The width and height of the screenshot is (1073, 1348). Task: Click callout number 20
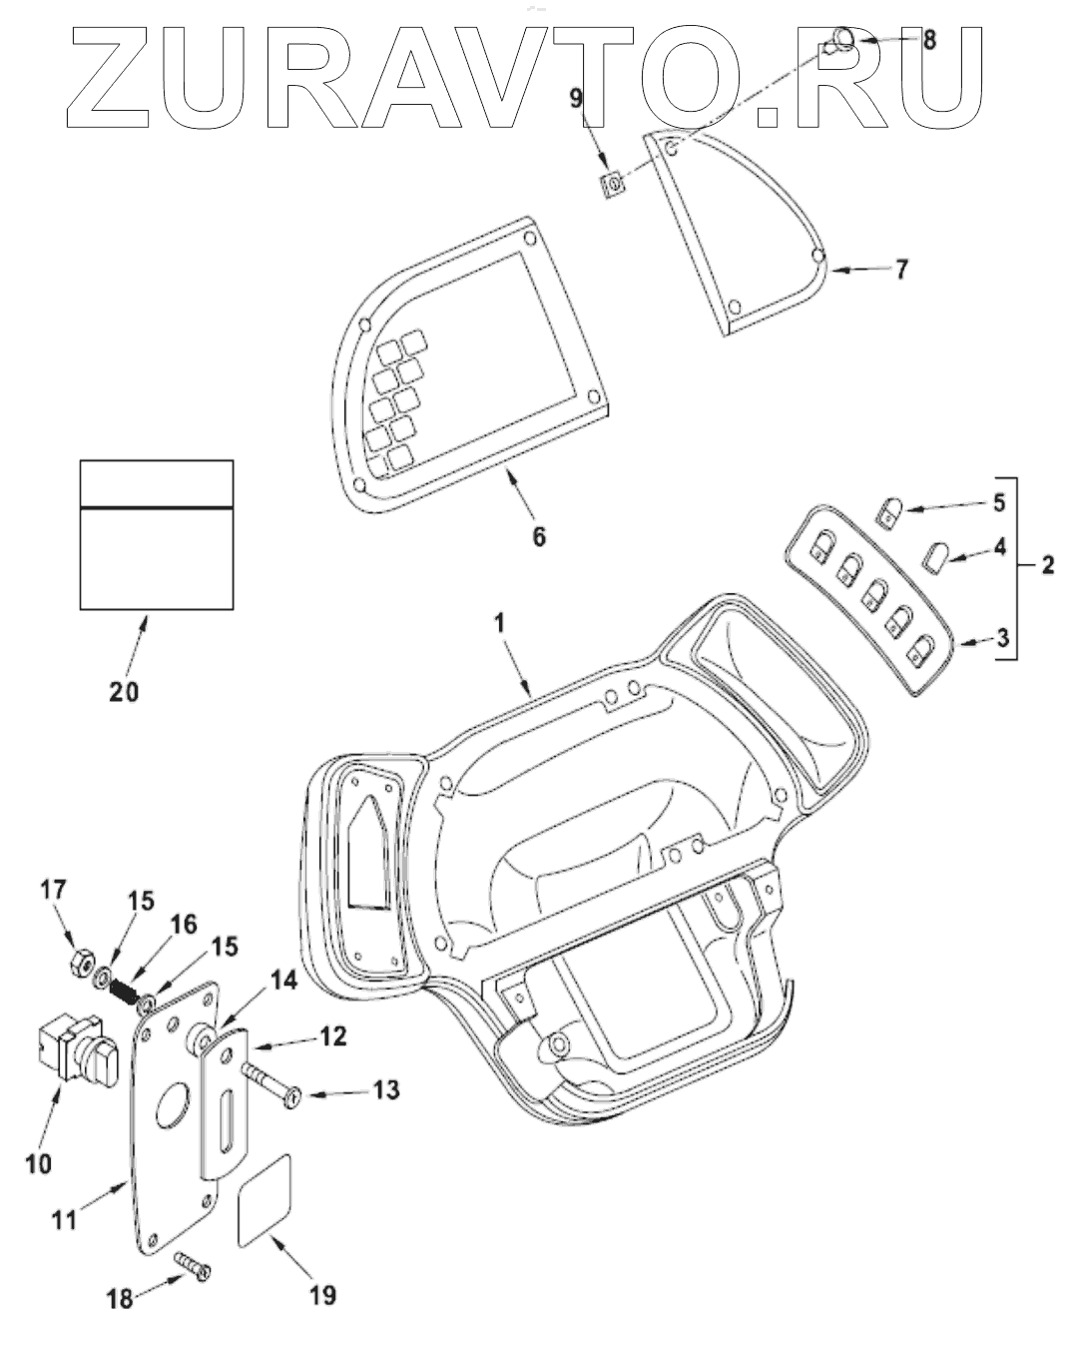[125, 691]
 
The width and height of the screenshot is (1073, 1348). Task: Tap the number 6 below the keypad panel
[538, 536]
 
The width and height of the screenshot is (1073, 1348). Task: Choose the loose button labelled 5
[890, 512]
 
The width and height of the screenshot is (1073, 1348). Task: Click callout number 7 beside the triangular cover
[900, 270]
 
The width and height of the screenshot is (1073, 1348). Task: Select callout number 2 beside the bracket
[1047, 565]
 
